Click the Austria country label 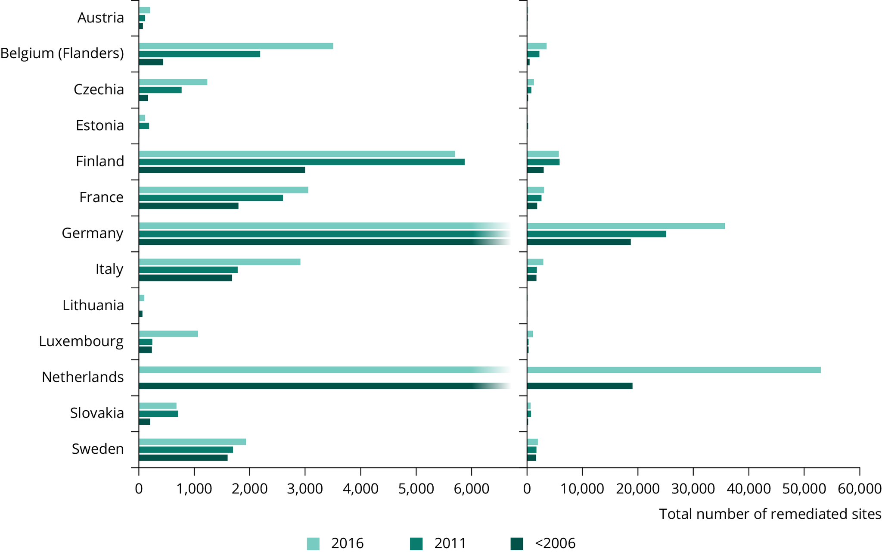point(101,18)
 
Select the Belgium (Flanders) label point(62,53)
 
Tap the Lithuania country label point(93,305)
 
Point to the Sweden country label point(98,449)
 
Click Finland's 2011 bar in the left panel point(301,162)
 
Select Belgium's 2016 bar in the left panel point(236,46)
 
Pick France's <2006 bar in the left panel point(189,206)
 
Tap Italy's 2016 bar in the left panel point(220,262)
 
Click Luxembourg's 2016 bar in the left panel point(168,334)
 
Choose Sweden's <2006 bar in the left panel point(183,458)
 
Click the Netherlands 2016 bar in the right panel point(674,370)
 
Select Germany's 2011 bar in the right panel point(596,234)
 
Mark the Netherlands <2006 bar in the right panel point(580,386)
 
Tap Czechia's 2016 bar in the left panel point(173,82)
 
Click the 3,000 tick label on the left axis point(305,489)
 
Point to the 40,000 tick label point(748,489)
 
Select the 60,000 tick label point(860,489)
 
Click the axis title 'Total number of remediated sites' point(770,514)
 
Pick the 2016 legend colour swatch point(313,543)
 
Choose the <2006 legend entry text point(555,543)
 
